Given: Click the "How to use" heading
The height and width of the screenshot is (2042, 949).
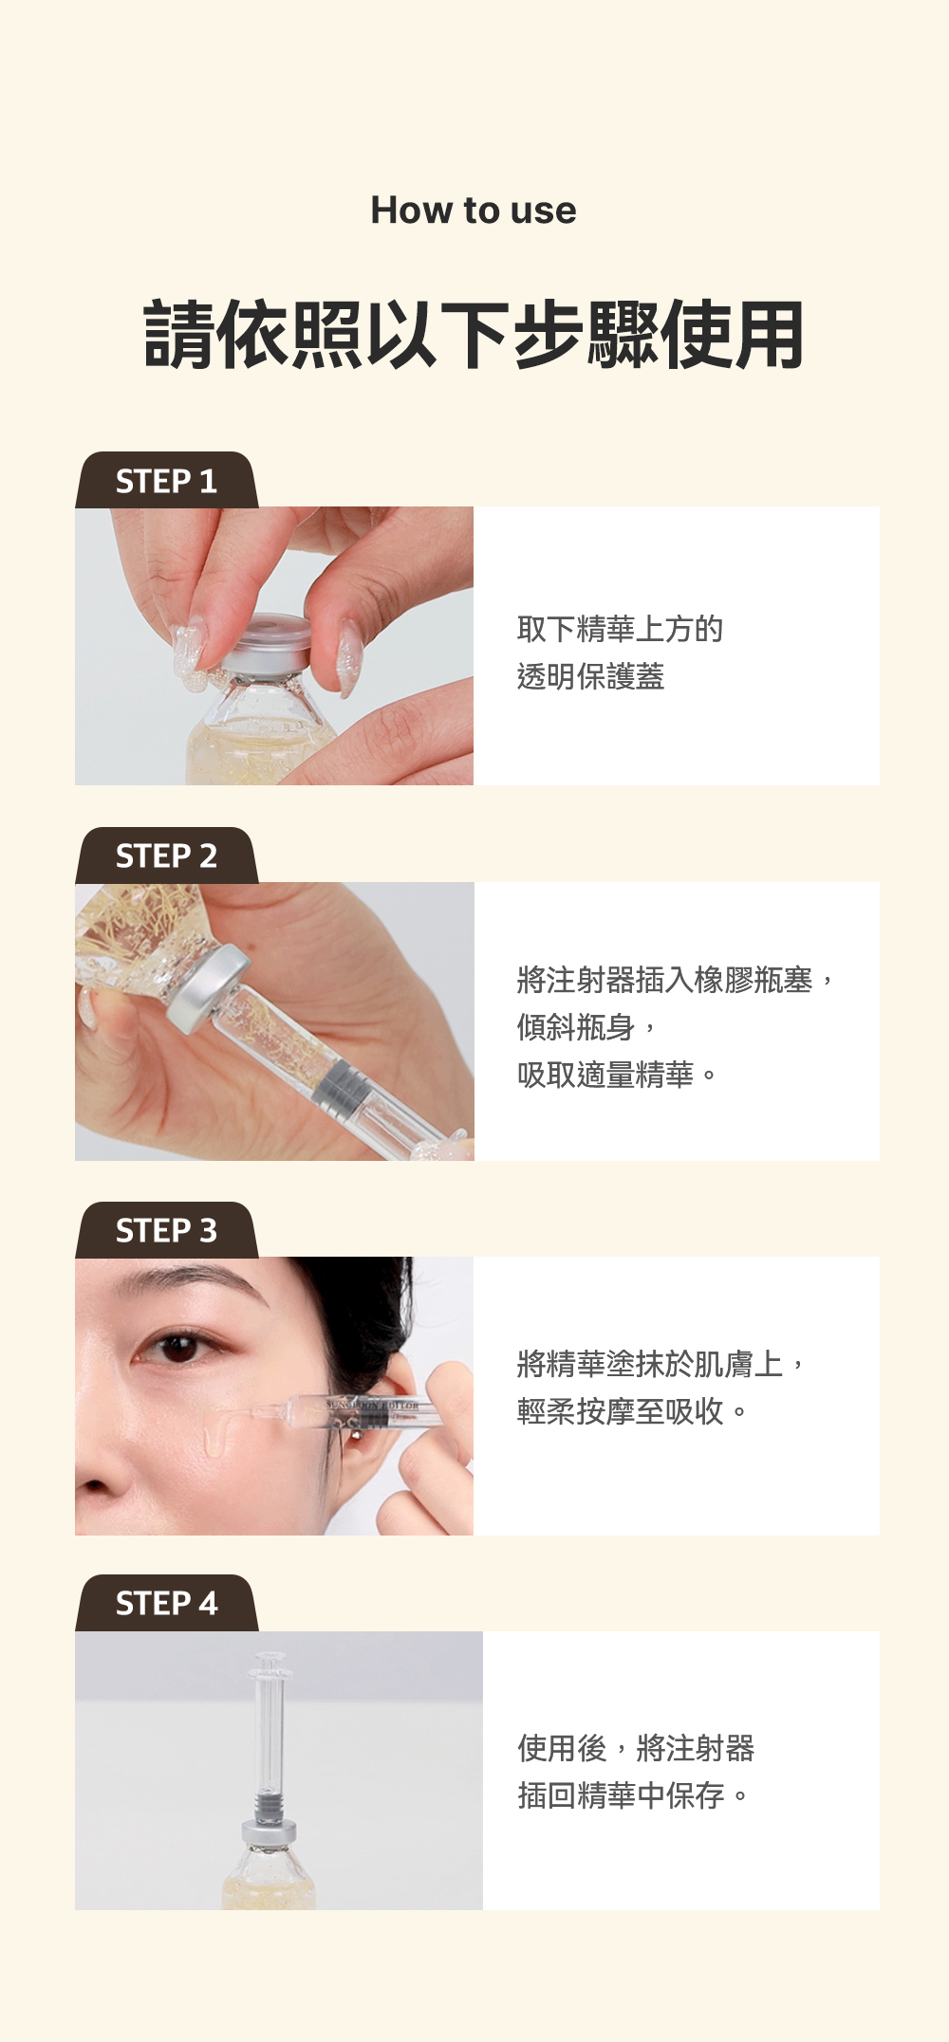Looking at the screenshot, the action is [474, 211].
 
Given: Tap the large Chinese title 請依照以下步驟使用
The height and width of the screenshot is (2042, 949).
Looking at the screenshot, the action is [474, 334].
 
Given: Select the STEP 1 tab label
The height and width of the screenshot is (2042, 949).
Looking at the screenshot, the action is [166, 481].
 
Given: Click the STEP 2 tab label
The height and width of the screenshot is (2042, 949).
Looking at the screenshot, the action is [166, 855].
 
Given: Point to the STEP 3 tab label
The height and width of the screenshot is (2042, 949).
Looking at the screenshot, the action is [166, 1230].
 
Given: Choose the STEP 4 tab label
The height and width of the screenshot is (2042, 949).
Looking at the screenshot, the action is [166, 1603].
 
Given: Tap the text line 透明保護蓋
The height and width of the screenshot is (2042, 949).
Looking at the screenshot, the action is [590, 676].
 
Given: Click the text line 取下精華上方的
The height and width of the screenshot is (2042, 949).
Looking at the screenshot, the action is [620, 629].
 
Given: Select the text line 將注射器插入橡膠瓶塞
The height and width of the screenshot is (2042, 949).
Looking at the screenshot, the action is [664, 980].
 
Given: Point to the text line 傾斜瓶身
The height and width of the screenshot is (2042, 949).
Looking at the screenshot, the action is [575, 1027].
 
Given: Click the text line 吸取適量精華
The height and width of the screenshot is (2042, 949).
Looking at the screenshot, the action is [605, 1075].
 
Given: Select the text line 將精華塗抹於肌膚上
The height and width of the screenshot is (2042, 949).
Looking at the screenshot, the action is [650, 1364].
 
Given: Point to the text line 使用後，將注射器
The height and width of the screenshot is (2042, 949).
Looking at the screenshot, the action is [636, 1748].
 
